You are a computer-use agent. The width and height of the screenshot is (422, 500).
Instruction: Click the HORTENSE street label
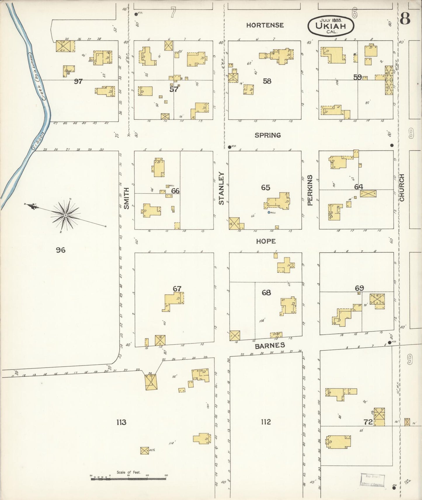tap(265, 25)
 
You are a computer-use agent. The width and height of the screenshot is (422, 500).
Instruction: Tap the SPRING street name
tap(268, 135)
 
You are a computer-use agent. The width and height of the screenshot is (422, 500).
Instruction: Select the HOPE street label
tap(266, 241)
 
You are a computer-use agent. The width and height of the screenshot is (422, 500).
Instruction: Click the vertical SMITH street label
tap(126, 198)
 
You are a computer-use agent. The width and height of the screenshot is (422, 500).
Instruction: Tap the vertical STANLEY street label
tap(221, 188)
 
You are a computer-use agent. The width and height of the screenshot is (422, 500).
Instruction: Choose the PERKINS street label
tap(310, 190)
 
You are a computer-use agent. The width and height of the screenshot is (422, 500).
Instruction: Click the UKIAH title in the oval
tap(331, 26)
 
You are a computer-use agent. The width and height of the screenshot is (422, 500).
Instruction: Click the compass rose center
tap(66, 215)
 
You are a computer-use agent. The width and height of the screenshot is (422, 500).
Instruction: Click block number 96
tap(61, 250)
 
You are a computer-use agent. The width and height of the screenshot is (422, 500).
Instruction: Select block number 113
tap(121, 422)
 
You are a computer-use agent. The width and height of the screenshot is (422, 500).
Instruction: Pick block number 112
tap(266, 422)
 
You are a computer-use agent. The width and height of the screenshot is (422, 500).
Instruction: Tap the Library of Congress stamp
tap(372, 480)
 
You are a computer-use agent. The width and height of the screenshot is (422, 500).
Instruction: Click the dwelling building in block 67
tap(173, 301)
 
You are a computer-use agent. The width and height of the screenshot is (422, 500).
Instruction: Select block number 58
tap(267, 81)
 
